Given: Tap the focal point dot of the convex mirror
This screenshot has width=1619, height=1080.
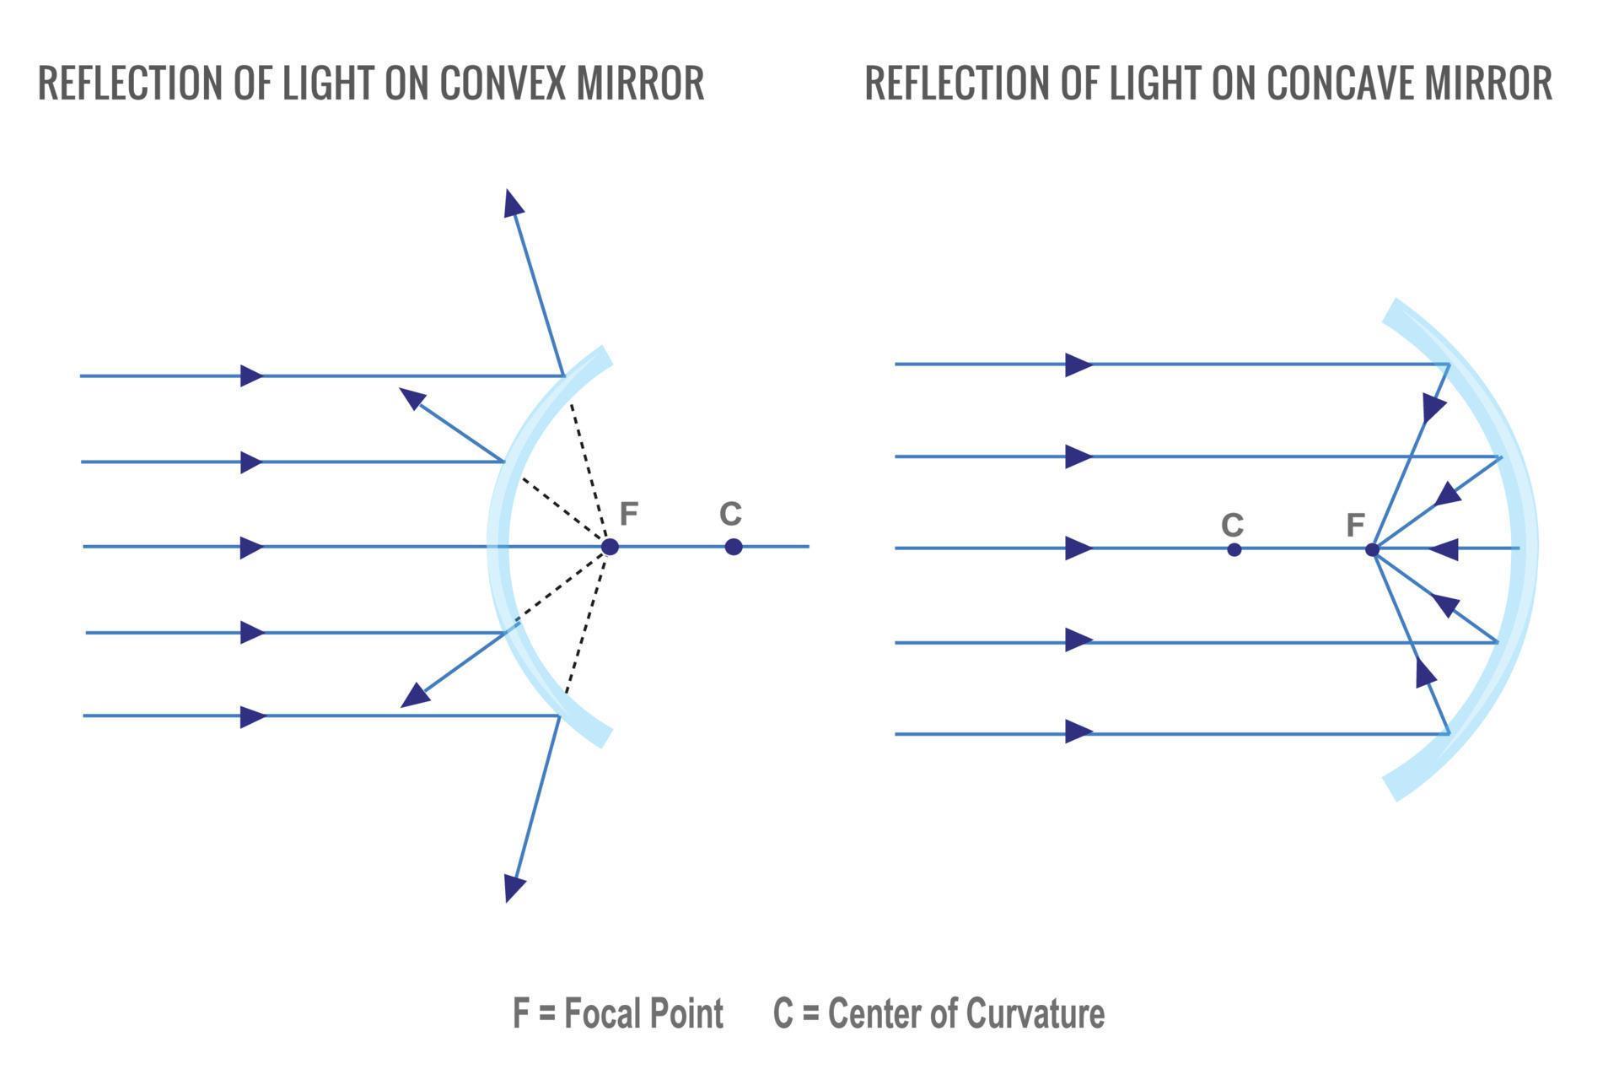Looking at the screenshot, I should [x=610, y=547].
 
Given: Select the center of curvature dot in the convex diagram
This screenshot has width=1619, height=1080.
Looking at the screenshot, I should [x=734, y=547].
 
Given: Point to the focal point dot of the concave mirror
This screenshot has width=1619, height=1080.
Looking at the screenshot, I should [x=1372, y=550].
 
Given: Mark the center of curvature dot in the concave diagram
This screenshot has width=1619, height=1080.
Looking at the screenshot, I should [x=1234, y=550].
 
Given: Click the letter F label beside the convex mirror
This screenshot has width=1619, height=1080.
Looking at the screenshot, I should [x=629, y=513].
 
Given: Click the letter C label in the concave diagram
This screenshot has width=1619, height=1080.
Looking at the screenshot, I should [x=1232, y=525].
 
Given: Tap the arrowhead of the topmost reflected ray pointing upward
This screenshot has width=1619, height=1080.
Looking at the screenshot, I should [x=512, y=203].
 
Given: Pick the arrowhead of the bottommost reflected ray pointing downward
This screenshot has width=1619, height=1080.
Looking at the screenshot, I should [x=514, y=888].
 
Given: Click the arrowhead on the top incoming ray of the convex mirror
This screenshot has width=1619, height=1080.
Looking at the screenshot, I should [x=251, y=375].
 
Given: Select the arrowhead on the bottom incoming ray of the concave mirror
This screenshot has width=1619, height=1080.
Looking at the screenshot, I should [x=1078, y=732].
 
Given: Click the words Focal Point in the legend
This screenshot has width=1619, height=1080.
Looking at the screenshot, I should [x=643, y=1013].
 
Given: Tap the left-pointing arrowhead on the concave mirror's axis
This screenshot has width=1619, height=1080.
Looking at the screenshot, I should [x=1444, y=549].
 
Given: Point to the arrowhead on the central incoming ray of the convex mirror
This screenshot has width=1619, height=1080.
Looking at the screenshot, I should [x=251, y=548].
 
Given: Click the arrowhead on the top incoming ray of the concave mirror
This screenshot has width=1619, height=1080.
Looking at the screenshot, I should [x=1078, y=364].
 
